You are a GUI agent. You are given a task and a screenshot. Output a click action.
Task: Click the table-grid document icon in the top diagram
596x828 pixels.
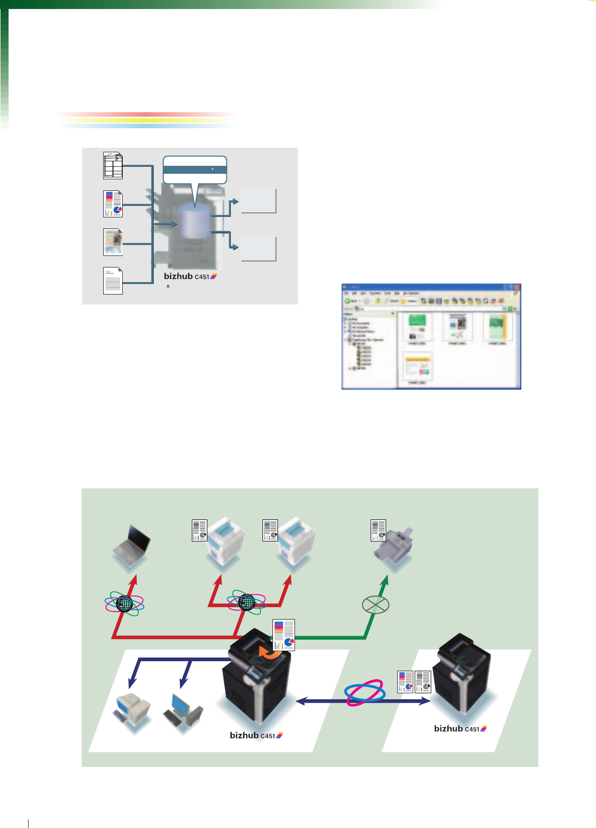tap(113, 165)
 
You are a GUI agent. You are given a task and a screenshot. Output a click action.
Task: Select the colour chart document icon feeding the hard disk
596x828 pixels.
tap(113, 204)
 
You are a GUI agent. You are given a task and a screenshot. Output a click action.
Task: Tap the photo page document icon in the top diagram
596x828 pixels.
tap(113, 242)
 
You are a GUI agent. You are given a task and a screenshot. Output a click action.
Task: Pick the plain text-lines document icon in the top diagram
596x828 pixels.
tap(113, 281)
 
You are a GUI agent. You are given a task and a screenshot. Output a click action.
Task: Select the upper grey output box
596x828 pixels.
tap(258, 201)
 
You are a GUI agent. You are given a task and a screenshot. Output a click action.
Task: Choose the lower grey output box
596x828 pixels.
tap(258, 248)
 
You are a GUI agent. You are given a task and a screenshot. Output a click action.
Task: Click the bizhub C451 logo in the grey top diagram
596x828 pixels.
tap(190, 277)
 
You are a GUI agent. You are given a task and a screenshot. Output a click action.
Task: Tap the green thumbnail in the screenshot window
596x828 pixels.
tap(417, 328)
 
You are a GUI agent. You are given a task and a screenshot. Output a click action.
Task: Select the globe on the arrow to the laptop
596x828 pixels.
tap(125, 604)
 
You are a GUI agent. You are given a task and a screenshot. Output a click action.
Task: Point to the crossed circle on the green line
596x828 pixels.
tap(375, 605)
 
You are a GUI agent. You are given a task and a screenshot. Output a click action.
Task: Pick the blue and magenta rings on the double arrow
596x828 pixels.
tap(365, 693)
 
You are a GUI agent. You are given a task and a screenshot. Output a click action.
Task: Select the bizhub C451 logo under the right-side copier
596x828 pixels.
tap(460, 729)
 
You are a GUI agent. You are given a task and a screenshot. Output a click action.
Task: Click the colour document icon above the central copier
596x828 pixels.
tap(283, 635)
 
